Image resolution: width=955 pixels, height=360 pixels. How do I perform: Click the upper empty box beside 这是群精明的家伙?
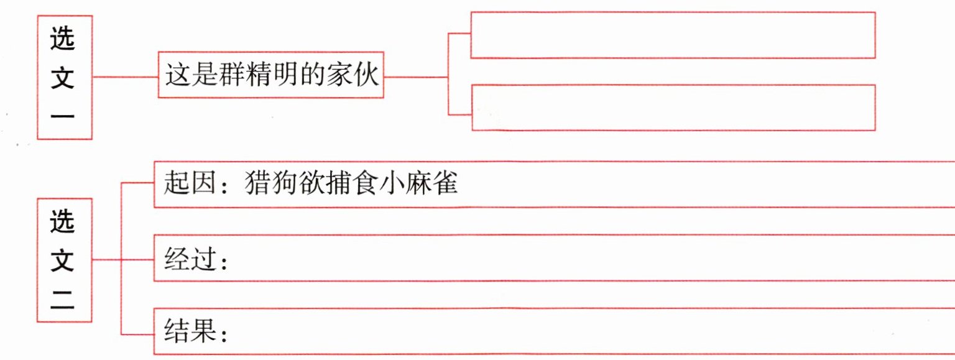click(673, 35)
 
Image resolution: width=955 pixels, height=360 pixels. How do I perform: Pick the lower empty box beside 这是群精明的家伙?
click(673, 108)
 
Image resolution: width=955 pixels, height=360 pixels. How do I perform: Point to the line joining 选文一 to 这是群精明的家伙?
click(125, 77)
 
